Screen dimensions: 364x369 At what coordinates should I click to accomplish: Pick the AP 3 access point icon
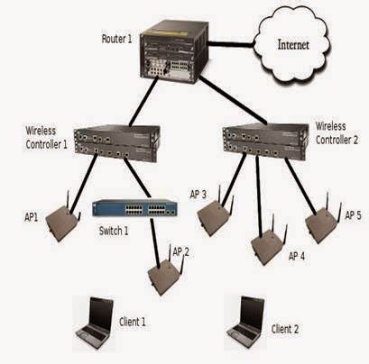213,216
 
